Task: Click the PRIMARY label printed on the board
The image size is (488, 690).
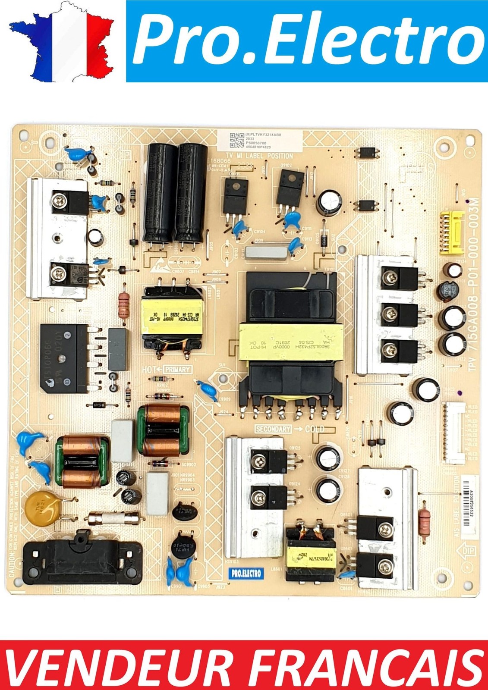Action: click(x=177, y=370)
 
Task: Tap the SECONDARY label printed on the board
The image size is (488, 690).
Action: click(x=285, y=429)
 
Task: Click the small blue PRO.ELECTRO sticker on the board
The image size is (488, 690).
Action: click(x=246, y=574)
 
